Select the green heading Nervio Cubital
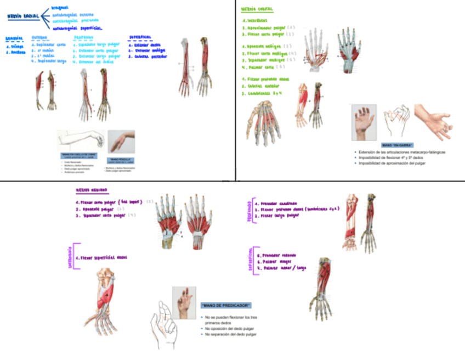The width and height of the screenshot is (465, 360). [259, 9]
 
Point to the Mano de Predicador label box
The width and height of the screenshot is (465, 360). [226, 305]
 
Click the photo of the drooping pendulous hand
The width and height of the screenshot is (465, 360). [121, 141]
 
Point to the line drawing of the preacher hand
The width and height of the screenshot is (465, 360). [162, 323]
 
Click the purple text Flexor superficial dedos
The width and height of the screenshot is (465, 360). [103, 257]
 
